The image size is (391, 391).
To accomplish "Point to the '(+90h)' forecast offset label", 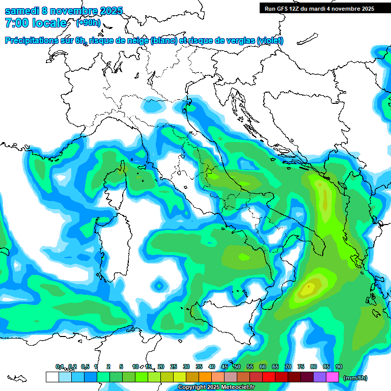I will tap(88, 22).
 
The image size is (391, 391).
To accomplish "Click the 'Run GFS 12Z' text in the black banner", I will tap(283, 8).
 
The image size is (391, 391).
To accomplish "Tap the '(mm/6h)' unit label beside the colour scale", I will tap(355, 378).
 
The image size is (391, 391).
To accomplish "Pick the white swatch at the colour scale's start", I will tap(52, 377).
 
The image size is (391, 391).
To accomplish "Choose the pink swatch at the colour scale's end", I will tap(332, 377).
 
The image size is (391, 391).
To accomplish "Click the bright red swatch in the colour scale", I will tap(282, 377).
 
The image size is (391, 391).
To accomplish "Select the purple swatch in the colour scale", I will tap(320, 377).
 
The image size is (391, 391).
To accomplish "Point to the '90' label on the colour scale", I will tap(339, 367).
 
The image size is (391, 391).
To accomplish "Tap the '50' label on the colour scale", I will tap(237, 367).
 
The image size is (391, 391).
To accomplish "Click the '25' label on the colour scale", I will tap(173, 367).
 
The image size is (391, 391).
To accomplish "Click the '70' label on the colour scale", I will tap(288, 367).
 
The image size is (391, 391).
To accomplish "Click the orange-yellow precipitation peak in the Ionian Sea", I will tap(309, 289).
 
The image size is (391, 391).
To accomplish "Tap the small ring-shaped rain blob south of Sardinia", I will tap(159, 285).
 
